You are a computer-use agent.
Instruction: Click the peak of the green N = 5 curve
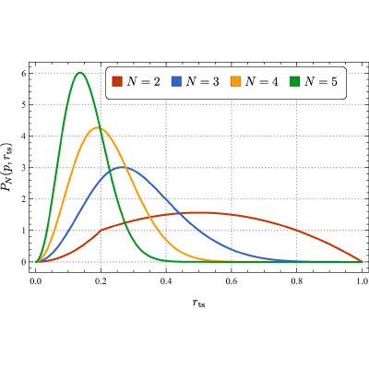tap(80, 73)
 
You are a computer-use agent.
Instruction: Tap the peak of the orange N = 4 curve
tap(98, 127)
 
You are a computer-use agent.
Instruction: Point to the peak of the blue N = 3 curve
tap(123, 167)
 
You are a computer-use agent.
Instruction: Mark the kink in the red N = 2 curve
tap(101, 230)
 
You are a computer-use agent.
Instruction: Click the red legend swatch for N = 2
tap(117, 82)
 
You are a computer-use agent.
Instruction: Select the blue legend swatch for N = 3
tap(176, 82)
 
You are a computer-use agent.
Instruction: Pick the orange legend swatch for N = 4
tap(235, 82)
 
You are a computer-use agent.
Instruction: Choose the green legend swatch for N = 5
tap(294, 82)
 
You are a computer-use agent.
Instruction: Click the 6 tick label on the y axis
tap(23, 73)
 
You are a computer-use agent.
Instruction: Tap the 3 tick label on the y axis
tap(23, 168)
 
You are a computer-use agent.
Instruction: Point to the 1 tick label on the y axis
tap(23, 231)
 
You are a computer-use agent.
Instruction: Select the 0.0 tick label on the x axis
tap(35, 281)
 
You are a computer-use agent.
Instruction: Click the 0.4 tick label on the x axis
tap(166, 281)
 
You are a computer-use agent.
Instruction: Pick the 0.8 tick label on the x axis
tap(296, 281)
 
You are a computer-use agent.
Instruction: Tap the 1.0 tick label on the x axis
tap(362, 281)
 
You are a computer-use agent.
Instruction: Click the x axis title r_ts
tap(199, 304)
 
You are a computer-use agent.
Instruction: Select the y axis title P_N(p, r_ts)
tap(7, 167)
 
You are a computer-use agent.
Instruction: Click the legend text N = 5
tap(321, 82)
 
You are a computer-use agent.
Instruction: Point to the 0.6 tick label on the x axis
tap(232, 281)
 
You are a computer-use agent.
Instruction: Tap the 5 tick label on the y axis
tap(23, 104)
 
